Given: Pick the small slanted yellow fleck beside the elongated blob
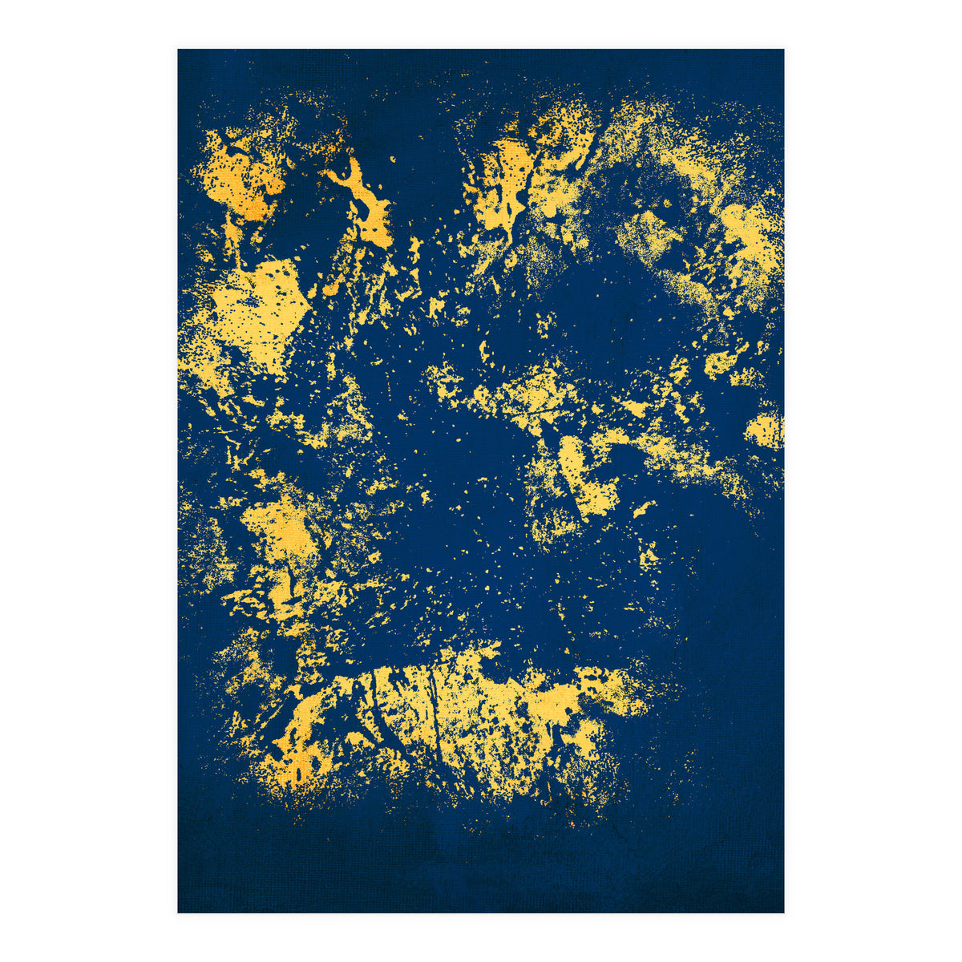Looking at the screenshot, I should [641, 508].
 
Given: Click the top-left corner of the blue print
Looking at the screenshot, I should [178, 50].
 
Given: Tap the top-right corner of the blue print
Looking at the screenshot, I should [783, 50].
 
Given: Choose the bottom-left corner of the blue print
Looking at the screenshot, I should [178, 911].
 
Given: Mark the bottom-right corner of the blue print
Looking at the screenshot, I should [783, 911].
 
